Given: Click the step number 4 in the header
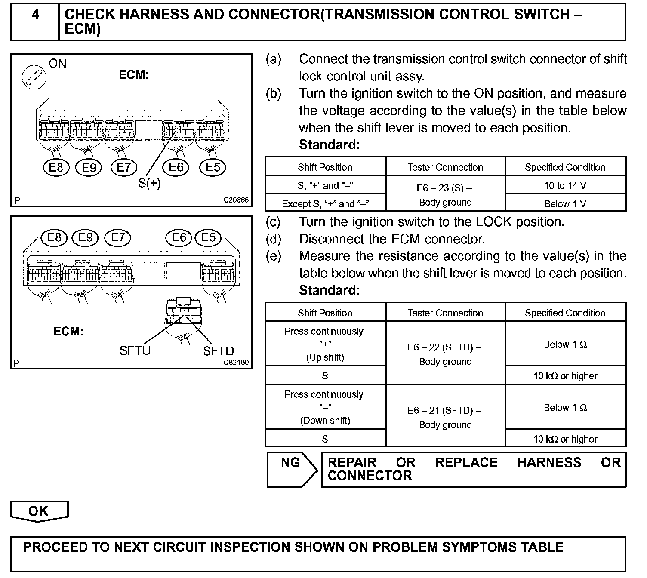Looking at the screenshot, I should (x=35, y=15).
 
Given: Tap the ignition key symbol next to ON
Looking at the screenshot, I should (x=34, y=77).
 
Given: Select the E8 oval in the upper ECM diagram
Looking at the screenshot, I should (x=56, y=167).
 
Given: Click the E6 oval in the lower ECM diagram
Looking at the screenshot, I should (x=179, y=237).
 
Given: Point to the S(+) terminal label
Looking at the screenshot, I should (x=149, y=183).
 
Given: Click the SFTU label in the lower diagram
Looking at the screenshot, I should (x=135, y=351).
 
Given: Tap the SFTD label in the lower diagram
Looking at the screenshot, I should (x=218, y=351).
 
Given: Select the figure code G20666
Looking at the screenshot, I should (x=236, y=200).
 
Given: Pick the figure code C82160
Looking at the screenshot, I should (x=236, y=363).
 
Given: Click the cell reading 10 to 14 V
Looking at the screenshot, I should (x=565, y=186).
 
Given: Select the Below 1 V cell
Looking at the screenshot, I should (x=565, y=204).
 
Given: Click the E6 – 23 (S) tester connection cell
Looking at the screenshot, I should (x=445, y=195).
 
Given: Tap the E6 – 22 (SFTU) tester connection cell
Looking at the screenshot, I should (x=445, y=354).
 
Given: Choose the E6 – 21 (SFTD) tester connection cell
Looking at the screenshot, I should (x=445, y=417).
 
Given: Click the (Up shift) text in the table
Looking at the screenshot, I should (x=325, y=357).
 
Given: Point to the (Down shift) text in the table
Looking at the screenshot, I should (x=325, y=420).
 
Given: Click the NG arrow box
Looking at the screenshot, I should (x=292, y=469).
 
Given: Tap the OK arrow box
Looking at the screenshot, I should (x=39, y=511).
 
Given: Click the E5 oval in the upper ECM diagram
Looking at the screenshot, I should (x=213, y=167).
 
